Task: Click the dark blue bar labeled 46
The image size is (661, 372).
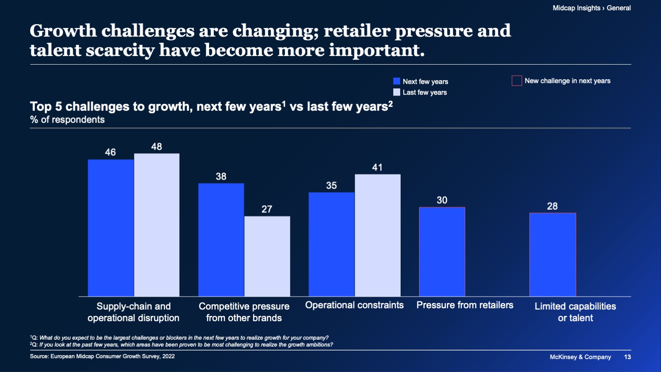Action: pos(111,228)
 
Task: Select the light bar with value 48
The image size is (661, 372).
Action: pos(157,225)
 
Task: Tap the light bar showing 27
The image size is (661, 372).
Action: pos(267,256)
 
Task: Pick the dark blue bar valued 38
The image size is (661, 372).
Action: pos(221,240)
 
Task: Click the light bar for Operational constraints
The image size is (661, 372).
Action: pos(377,235)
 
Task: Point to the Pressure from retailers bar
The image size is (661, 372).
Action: pos(442,252)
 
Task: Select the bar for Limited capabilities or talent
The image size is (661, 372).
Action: pos(553,254)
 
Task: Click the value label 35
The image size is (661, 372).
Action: pos(331,186)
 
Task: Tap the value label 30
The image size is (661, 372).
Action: pos(442,200)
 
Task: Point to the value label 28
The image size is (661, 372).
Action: pos(552,206)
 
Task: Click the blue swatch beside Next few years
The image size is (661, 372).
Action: pos(397,81)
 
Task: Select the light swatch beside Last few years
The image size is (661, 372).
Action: pos(397,92)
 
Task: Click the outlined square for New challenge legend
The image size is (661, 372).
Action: pos(516,81)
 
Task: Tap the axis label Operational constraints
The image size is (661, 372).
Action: pos(354,305)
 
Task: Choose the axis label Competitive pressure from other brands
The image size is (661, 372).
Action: pos(244,312)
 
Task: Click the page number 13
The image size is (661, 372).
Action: pos(627,357)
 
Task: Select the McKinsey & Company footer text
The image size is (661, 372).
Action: pos(580,357)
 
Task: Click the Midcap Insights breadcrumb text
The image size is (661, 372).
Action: pos(576,8)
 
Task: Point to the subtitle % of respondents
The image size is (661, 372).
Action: pos(68,120)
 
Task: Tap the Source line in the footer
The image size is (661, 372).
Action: pos(102,356)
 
